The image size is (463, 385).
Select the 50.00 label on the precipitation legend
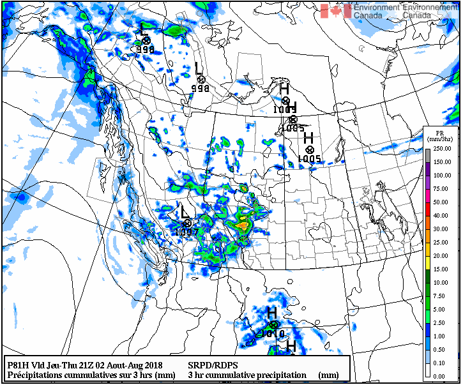coord(442,202)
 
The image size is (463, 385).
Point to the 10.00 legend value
coord(442,282)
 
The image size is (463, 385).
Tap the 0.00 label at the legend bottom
coord(442,377)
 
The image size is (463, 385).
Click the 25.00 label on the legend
coord(442,243)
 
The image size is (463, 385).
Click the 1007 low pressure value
coord(186,232)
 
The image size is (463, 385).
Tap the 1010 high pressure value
coord(272,333)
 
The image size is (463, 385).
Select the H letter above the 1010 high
coord(271,313)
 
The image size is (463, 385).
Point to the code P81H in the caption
coord(18,365)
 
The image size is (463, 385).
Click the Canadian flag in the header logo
coord(335,11)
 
